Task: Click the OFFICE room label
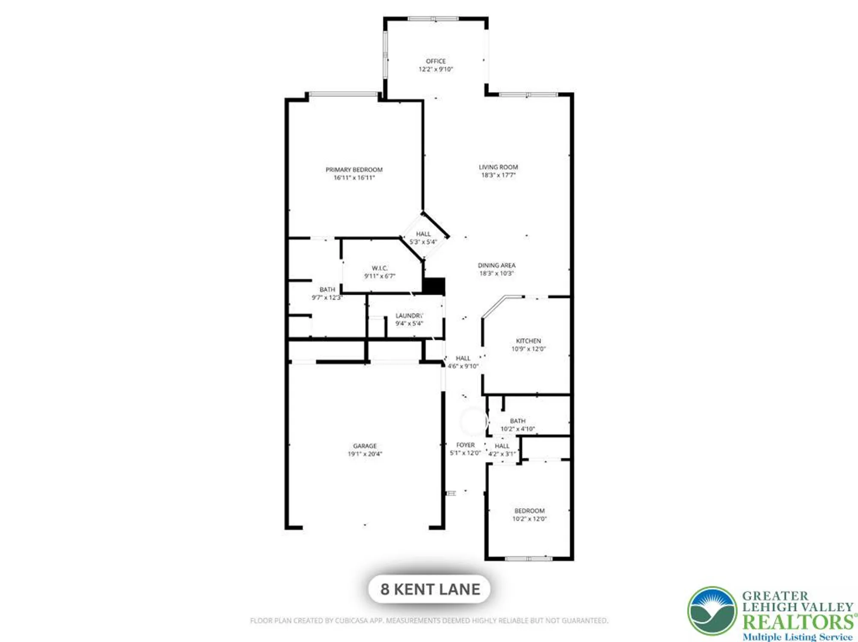435,61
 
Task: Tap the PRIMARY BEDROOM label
354,170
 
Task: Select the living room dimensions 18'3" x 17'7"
498,175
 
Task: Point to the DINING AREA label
496,265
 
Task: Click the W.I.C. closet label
380,268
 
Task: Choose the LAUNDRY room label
409,315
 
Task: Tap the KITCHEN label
528,341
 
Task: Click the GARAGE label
365,446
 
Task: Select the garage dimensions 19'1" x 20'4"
365,454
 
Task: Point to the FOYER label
465,445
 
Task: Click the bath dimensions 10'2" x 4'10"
517,429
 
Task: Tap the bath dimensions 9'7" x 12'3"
327,297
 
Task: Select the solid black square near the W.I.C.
433,286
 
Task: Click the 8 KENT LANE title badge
429,589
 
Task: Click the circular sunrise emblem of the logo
712,611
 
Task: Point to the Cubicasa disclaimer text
429,621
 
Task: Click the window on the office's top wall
433,19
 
